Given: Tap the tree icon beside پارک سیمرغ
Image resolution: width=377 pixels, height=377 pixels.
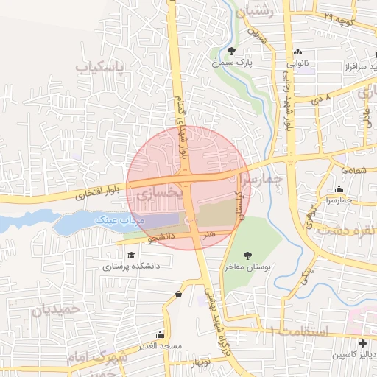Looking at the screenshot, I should coord(233,51).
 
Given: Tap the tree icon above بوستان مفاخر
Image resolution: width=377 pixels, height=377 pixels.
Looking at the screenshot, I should coord(247,255).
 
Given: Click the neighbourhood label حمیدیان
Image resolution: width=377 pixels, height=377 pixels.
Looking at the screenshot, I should coord(55,310).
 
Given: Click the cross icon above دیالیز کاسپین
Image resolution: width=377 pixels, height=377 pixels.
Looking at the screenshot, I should coord(362,343).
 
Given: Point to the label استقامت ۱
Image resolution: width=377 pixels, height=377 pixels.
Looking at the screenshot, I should coord(295,331).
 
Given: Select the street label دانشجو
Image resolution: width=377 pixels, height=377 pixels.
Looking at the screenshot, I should coord(161,237).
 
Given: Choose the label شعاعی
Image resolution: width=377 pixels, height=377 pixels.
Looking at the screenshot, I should coord(353,170).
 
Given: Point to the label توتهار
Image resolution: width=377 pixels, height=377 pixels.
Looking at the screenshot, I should coord(200,364).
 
